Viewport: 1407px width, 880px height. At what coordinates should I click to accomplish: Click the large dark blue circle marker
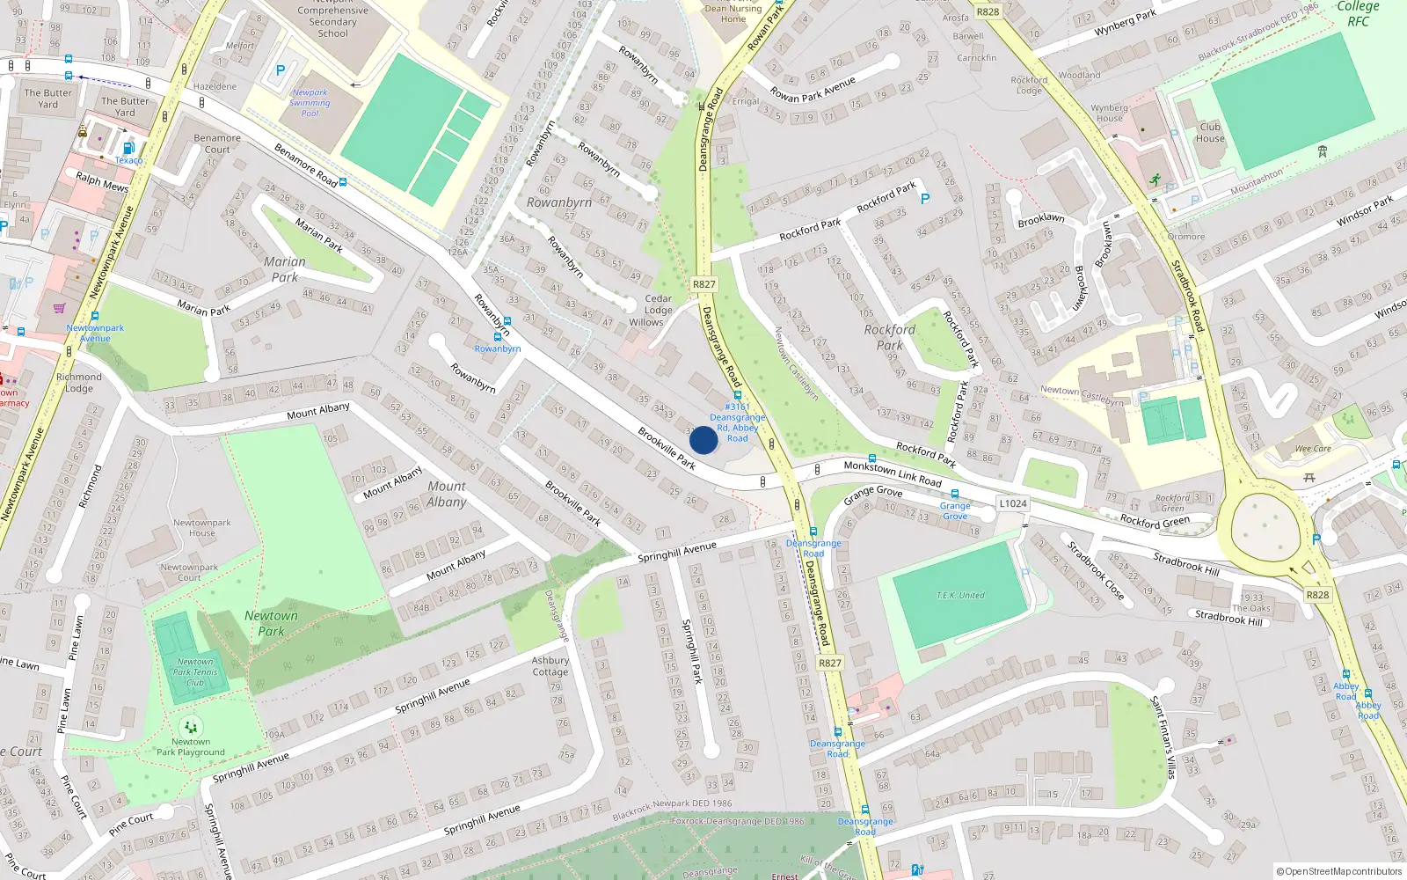click(x=703, y=440)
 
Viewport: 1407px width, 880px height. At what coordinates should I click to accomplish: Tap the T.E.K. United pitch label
click(x=960, y=596)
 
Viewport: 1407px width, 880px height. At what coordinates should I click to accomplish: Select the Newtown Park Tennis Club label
click(x=194, y=672)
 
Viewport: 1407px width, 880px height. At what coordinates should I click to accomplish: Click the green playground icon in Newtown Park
click(x=191, y=728)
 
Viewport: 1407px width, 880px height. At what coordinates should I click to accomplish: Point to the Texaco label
click(x=128, y=160)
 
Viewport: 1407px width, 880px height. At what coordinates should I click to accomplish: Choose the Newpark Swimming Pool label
click(x=310, y=103)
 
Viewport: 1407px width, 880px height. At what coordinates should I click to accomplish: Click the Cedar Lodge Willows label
click(x=657, y=311)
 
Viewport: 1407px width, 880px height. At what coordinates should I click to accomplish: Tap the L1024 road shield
click(x=1012, y=503)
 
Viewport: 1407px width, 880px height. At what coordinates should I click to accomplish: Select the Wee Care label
click(x=1313, y=449)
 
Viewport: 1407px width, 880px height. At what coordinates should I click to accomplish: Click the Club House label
click(x=1210, y=133)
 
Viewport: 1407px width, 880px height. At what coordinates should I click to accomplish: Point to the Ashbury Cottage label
click(x=550, y=666)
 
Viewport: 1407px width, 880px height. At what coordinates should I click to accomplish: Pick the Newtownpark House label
click(x=201, y=528)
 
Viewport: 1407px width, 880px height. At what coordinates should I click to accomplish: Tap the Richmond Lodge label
click(x=79, y=383)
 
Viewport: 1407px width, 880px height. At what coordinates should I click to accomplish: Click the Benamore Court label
click(x=217, y=144)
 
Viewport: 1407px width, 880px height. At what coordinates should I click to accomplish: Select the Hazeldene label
click(x=215, y=87)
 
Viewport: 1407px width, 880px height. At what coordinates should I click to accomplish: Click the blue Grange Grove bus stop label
click(x=955, y=510)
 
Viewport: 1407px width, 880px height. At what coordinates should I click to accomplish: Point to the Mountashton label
click(x=1256, y=182)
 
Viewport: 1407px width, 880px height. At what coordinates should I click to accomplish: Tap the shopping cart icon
click(x=59, y=309)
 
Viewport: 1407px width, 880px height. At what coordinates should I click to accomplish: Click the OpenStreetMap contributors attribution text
click(x=1339, y=871)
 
